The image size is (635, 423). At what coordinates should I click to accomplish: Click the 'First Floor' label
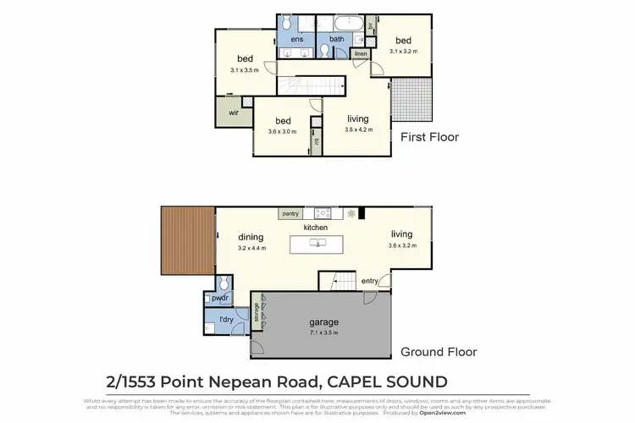[x=429, y=136]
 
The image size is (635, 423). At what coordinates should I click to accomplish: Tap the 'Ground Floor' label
[x=439, y=352]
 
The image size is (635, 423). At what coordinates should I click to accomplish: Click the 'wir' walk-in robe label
[x=229, y=110]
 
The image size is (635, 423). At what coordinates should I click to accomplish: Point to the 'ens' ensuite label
[x=297, y=39]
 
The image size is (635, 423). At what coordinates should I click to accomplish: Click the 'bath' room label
[x=336, y=39]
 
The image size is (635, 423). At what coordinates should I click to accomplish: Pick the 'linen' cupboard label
[x=360, y=54]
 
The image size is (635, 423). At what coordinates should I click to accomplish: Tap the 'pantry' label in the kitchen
[x=291, y=214]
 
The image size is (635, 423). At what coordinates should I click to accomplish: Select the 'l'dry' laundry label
[x=225, y=320]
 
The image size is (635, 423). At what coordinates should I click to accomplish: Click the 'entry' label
[x=370, y=280]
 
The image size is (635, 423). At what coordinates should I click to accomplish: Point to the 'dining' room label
[x=251, y=238]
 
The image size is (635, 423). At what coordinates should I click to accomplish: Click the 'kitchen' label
[x=315, y=228]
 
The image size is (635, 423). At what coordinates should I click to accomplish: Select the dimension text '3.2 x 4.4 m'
[x=251, y=248]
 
